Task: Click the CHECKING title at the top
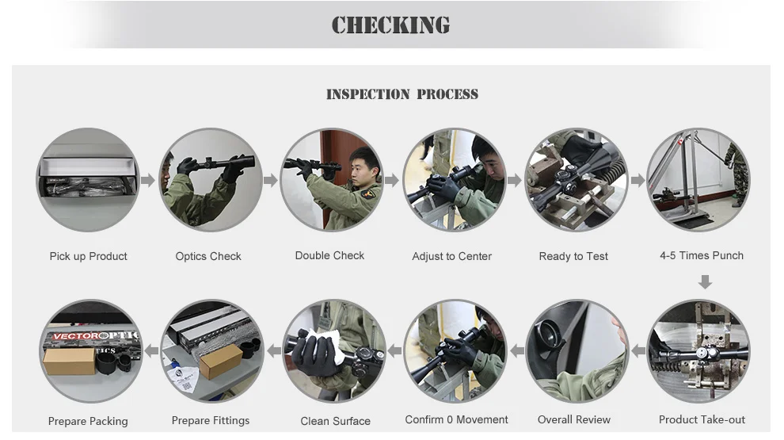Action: (x=390, y=25)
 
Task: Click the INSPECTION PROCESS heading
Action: (x=402, y=94)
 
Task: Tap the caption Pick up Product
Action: (x=88, y=256)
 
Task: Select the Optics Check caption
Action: (x=208, y=256)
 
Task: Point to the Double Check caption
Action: (x=329, y=255)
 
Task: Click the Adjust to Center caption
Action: (x=451, y=256)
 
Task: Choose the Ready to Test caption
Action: (x=573, y=256)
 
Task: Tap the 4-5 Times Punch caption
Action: (x=701, y=255)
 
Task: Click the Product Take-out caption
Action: (x=702, y=419)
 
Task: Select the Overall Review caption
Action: (x=573, y=419)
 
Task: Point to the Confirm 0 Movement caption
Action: (x=456, y=419)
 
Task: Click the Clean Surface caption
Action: (x=335, y=421)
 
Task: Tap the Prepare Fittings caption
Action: (x=210, y=420)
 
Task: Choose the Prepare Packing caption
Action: (x=87, y=421)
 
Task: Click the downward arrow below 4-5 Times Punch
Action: (x=705, y=281)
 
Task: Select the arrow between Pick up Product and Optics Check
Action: (x=148, y=180)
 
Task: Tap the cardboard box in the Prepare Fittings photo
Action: (x=221, y=361)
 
